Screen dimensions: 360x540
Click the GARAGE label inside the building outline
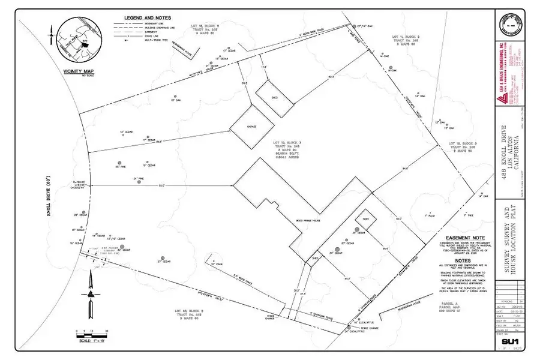click(251, 127)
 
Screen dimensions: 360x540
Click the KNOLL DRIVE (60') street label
click(48, 196)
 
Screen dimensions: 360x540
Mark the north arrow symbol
click(91, 294)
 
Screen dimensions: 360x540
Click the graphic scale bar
click(91, 334)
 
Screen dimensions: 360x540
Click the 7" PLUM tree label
click(429, 215)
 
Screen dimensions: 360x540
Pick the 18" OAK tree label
click(175, 101)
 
